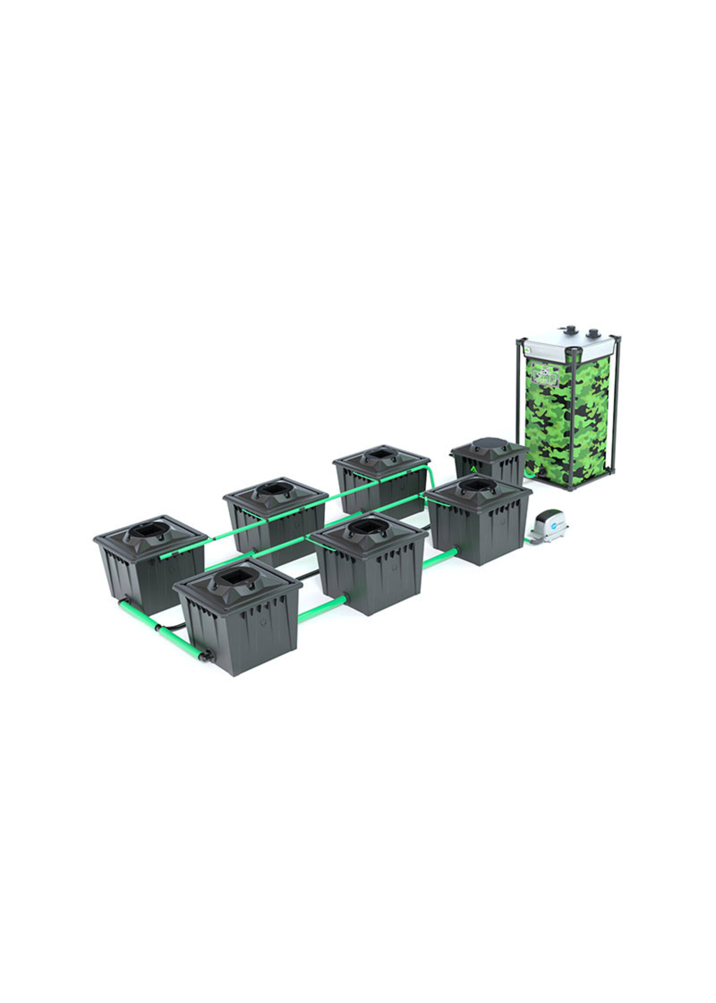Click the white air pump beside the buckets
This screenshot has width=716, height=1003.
click(549, 526)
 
